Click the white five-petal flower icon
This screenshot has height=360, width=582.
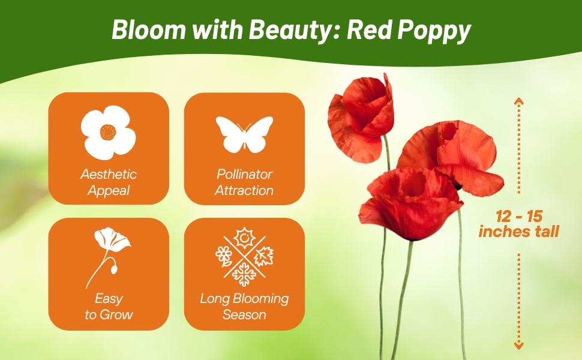pyautogui.click(x=109, y=131)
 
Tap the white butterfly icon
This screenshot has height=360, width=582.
pyautogui.click(x=244, y=134)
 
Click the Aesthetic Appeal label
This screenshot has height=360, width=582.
pyautogui.click(x=109, y=182)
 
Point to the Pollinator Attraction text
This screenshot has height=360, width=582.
pyautogui.click(x=244, y=182)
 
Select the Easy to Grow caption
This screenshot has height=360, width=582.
pyautogui.click(x=109, y=307)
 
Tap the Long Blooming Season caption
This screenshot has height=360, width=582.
pyautogui.click(x=244, y=307)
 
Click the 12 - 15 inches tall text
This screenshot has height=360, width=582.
pyautogui.click(x=518, y=224)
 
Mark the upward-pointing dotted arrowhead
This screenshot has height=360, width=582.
pyautogui.click(x=519, y=101)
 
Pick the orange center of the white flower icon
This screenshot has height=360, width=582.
pyautogui.click(x=109, y=131)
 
